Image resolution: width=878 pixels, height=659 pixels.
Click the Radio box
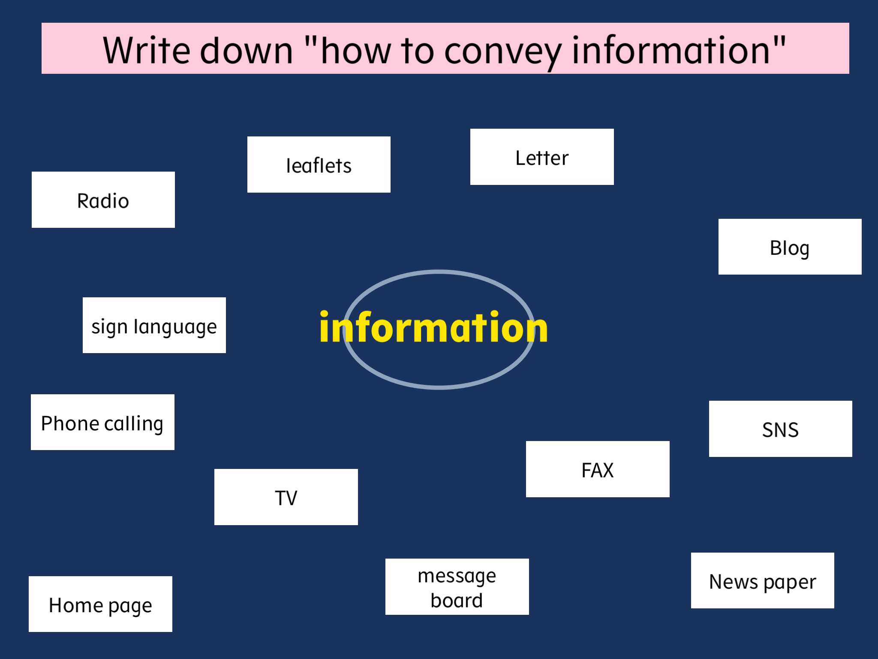pos(103,200)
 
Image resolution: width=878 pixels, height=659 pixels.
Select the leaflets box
pos(319,164)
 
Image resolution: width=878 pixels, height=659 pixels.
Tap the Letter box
pos(542,157)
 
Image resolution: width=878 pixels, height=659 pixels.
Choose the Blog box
pos(790,247)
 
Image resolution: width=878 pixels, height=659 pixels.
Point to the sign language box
pos(154,325)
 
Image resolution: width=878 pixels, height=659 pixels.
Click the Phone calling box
pos(102,422)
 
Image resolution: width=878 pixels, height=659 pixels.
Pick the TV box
pos(286,497)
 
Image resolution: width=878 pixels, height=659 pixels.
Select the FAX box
pos(598,469)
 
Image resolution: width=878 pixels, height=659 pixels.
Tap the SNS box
pos(781,429)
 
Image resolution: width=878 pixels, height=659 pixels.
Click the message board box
pos(457,586)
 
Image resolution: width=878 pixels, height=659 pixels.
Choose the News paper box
pos(763,580)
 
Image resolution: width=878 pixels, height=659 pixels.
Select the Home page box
pos(100,604)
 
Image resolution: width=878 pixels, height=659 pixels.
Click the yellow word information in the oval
pos(434,327)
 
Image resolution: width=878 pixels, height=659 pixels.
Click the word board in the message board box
pos(457,600)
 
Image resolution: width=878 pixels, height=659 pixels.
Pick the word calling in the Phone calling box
pos(134,424)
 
